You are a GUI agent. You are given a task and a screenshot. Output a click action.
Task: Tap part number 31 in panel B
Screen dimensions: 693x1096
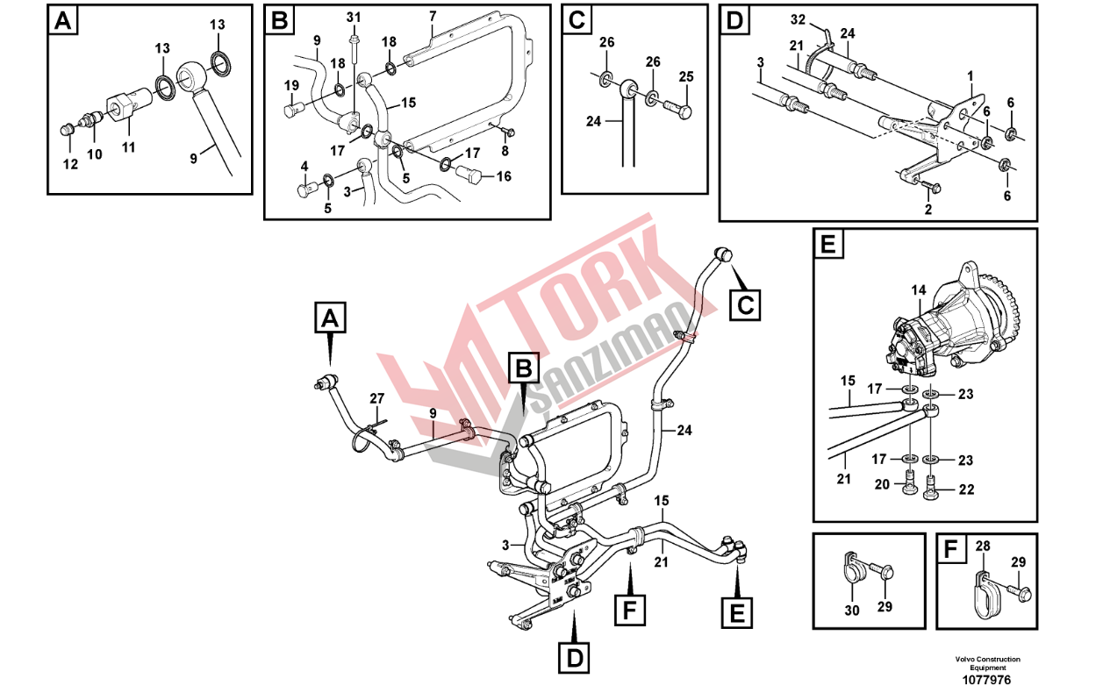coord(354,18)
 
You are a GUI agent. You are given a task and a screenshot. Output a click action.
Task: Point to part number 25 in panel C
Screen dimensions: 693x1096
coord(685,76)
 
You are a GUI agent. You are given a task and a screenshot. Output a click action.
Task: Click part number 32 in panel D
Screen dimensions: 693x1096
coord(772,19)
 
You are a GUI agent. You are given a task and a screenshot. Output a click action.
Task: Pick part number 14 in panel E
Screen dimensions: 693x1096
coord(918,290)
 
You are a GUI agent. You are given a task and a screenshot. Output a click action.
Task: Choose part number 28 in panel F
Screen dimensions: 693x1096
coord(983,547)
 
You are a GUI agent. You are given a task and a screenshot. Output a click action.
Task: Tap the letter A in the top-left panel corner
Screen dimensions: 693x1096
coord(62,21)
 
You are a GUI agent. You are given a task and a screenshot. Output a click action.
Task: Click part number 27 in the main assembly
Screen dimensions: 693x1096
coord(376,398)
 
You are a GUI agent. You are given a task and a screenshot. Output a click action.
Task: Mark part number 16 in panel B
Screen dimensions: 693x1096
coord(504,176)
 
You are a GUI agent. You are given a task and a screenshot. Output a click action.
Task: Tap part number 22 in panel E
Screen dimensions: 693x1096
coord(966,489)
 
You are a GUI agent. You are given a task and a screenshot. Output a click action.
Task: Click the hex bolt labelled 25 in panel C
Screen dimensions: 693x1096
coord(678,111)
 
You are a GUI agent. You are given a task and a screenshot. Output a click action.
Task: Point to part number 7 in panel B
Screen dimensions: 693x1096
coord(433,16)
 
